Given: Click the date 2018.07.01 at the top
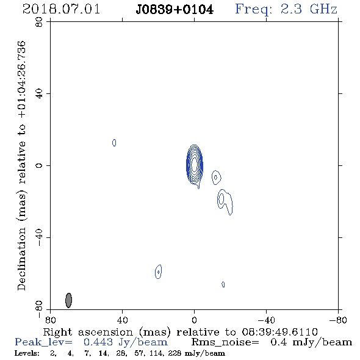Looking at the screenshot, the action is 61,9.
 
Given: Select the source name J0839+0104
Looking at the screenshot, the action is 175,10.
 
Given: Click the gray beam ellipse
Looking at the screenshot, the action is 69,300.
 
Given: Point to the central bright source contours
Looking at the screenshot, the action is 194,165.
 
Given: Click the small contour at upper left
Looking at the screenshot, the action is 114,143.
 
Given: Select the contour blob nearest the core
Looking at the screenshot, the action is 216,177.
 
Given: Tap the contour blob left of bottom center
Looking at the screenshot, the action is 158,272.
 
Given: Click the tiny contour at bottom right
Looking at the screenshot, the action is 223,284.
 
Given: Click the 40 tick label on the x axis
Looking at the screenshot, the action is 122,320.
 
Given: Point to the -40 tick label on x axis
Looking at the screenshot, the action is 266,320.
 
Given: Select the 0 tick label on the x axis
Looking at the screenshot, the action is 194,320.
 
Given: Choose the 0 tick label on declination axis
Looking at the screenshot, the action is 39,165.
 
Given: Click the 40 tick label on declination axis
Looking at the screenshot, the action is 39,94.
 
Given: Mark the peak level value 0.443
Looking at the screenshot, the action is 98,342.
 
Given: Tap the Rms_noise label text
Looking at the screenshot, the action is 225,342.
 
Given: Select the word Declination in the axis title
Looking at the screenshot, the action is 21,259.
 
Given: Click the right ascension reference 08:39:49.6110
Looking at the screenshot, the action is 280,332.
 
